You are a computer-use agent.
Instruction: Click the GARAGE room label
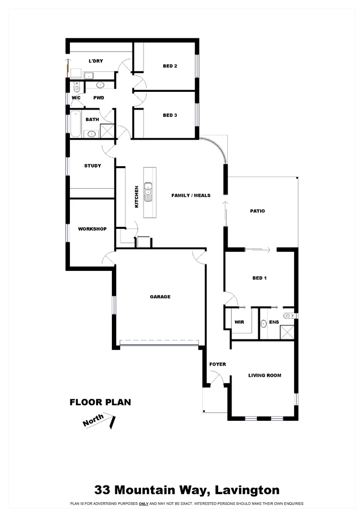(x=160, y=297)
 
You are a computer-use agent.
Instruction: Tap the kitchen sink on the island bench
(x=149, y=191)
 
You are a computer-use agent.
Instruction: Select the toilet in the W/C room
(x=76, y=87)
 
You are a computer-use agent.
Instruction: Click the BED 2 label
(x=170, y=66)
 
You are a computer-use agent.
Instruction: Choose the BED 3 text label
(x=170, y=115)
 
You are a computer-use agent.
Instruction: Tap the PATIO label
(x=257, y=211)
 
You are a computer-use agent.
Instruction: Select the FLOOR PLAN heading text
(x=100, y=402)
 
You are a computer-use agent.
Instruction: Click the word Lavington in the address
(x=247, y=490)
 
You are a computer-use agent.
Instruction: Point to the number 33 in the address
(x=102, y=490)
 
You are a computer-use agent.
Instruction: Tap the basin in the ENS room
(x=263, y=324)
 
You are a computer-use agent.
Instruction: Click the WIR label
(x=239, y=322)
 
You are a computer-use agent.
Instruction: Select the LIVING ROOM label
(x=265, y=375)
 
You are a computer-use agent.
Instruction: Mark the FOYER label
(x=218, y=364)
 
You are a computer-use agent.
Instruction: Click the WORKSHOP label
(x=92, y=229)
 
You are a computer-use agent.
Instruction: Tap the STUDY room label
(x=92, y=166)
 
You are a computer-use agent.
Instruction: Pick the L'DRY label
(x=96, y=61)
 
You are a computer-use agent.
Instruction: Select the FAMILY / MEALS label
(x=191, y=195)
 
